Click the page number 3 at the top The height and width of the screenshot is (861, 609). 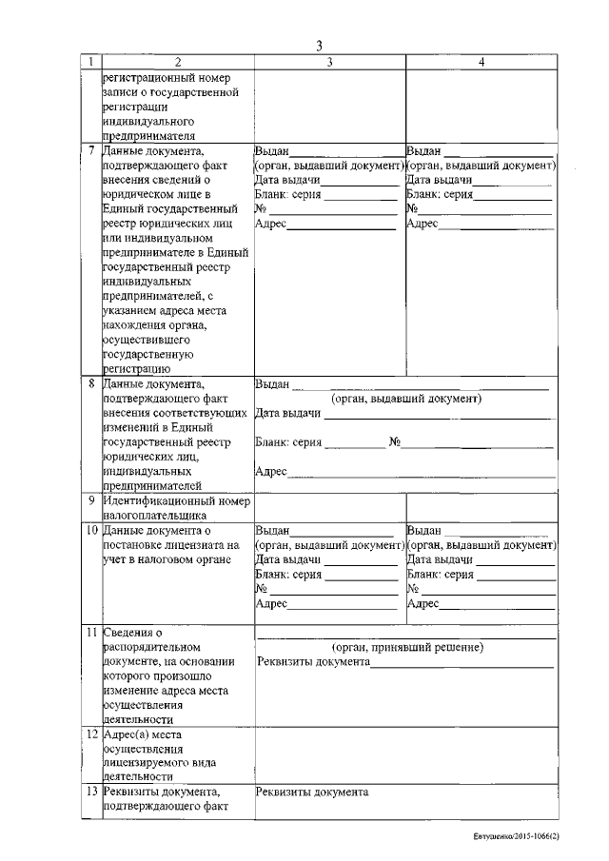(320, 46)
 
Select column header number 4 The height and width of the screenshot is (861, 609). (481, 62)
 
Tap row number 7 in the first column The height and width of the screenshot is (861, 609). (90, 150)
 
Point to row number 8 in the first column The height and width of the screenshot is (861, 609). (90, 384)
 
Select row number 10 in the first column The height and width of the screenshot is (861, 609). (89, 530)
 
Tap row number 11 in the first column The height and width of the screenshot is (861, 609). (89, 633)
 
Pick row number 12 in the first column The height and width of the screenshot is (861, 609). (89, 735)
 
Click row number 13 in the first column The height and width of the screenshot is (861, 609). (89, 793)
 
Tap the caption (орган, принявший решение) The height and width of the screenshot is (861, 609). (406, 647)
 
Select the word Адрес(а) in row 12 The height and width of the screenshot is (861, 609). (130, 735)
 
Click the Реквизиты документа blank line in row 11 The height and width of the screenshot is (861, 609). (462, 665)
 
